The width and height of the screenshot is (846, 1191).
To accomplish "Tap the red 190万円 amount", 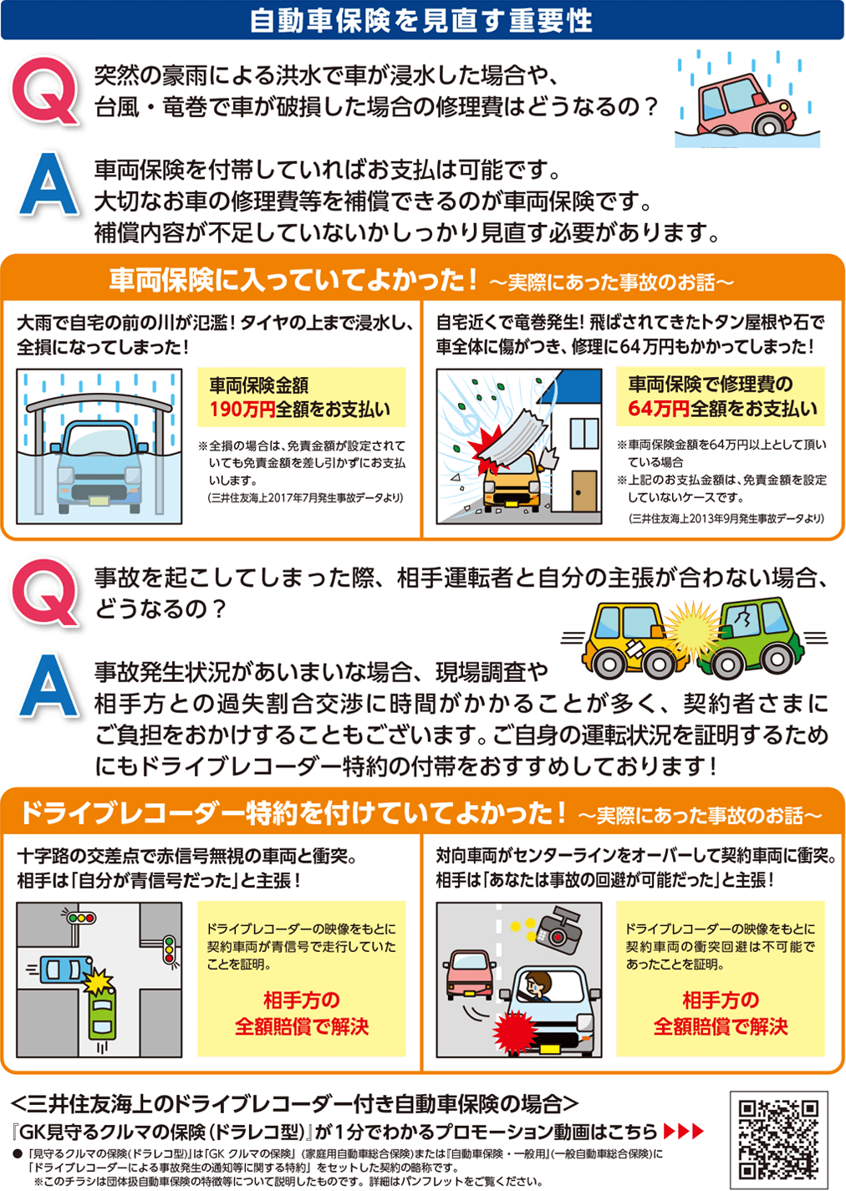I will (x=242, y=410).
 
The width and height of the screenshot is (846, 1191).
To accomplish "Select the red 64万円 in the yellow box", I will (x=658, y=409).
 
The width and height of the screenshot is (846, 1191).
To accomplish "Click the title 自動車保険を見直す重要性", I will (x=422, y=20).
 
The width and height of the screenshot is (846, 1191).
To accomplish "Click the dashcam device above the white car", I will (x=558, y=930).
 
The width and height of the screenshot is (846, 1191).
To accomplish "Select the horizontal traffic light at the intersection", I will (x=81, y=918).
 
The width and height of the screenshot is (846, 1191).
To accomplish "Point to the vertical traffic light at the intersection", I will (x=170, y=951).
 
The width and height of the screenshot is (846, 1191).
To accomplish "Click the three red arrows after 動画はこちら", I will (x=683, y=1132).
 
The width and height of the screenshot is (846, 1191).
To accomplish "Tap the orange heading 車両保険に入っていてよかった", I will (x=293, y=280).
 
